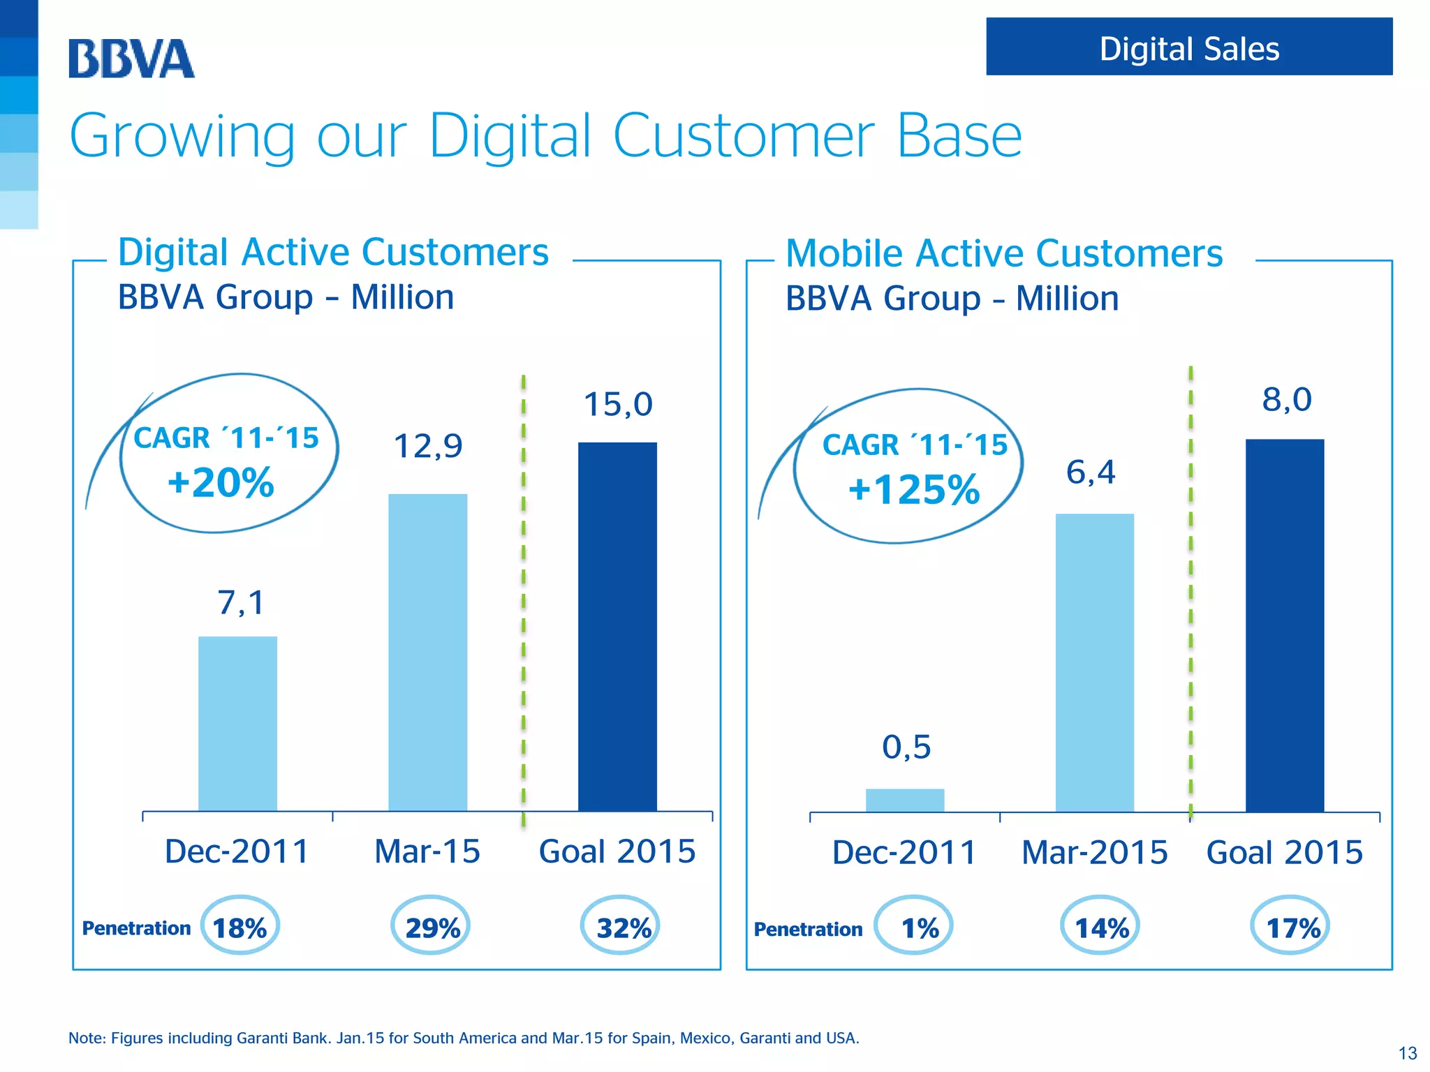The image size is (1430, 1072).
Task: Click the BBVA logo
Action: pyautogui.click(x=131, y=59)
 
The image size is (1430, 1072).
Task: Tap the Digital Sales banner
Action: pyautogui.click(x=1188, y=47)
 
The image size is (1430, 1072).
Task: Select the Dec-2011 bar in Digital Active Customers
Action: pyautogui.click(x=237, y=723)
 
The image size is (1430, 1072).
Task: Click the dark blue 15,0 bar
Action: pyautogui.click(x=617, y=626)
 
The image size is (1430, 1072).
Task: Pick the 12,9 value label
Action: pyautogui.click(x=427, y=446)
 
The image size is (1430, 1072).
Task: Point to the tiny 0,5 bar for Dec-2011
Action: pyautogui.click(x=905, y=800)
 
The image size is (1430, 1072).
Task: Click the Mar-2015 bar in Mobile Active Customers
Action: pyautogui.click(x=1094, y=662)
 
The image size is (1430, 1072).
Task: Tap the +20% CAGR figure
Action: pyautogui.click(x=221, y=483)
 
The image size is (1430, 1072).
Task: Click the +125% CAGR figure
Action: pyautogui.click(x=913, y=489)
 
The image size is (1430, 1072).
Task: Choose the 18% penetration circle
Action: pyautogui.click(x=239, y=925)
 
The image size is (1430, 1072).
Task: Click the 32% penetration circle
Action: pyautogui.click(x=621, y=925)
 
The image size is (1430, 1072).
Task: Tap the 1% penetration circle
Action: pyautogui.click(x=915, y=926)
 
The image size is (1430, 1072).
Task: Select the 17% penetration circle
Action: pyautogui.click(x=1290, y=926)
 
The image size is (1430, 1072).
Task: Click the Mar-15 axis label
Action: pyautogui.click(x=427, y=851)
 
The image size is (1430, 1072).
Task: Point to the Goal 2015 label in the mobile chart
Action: pyautogui.click(x=1284, y=852)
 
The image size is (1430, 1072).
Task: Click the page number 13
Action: pyautogui.click(x=1408, y=1053)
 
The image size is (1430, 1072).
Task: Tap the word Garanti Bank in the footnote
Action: pyautogui.click(x=282, y=1038)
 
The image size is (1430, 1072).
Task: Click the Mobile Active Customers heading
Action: pyautogui.click(x=1003, y=253)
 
